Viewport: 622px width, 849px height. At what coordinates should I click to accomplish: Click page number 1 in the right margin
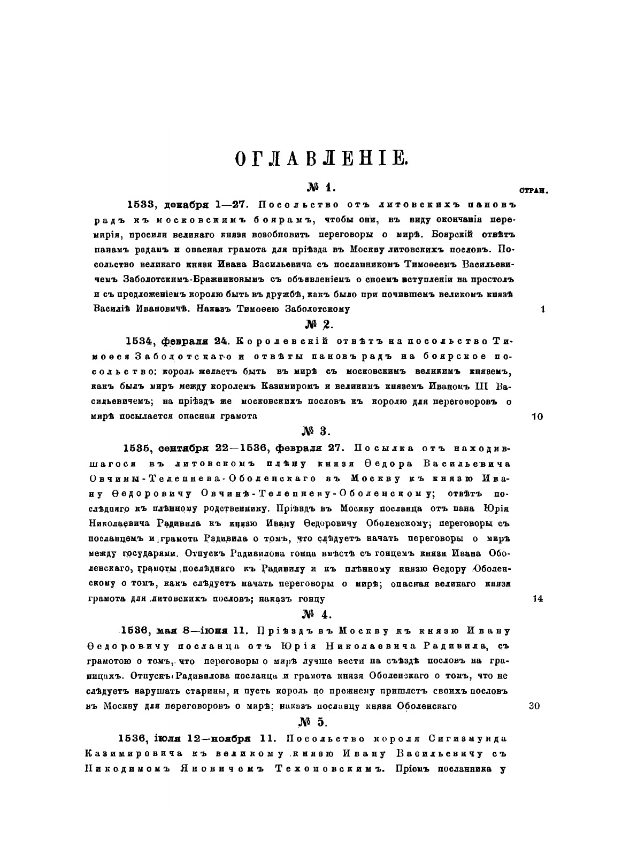[x=543, y=309]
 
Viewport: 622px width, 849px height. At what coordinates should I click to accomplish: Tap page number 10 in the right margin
[x=537, y=416]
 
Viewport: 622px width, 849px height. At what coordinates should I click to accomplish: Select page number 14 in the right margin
[x=537, y=599]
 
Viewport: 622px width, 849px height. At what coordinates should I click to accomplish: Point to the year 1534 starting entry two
[x=140, y=341]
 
